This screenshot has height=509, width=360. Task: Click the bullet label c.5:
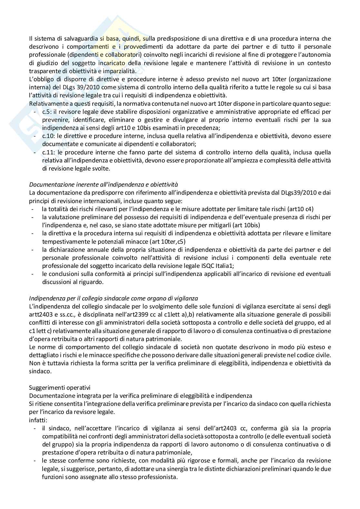[47, 112]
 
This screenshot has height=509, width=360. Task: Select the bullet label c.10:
[48, 136]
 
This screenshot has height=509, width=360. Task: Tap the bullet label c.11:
[48, 152]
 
